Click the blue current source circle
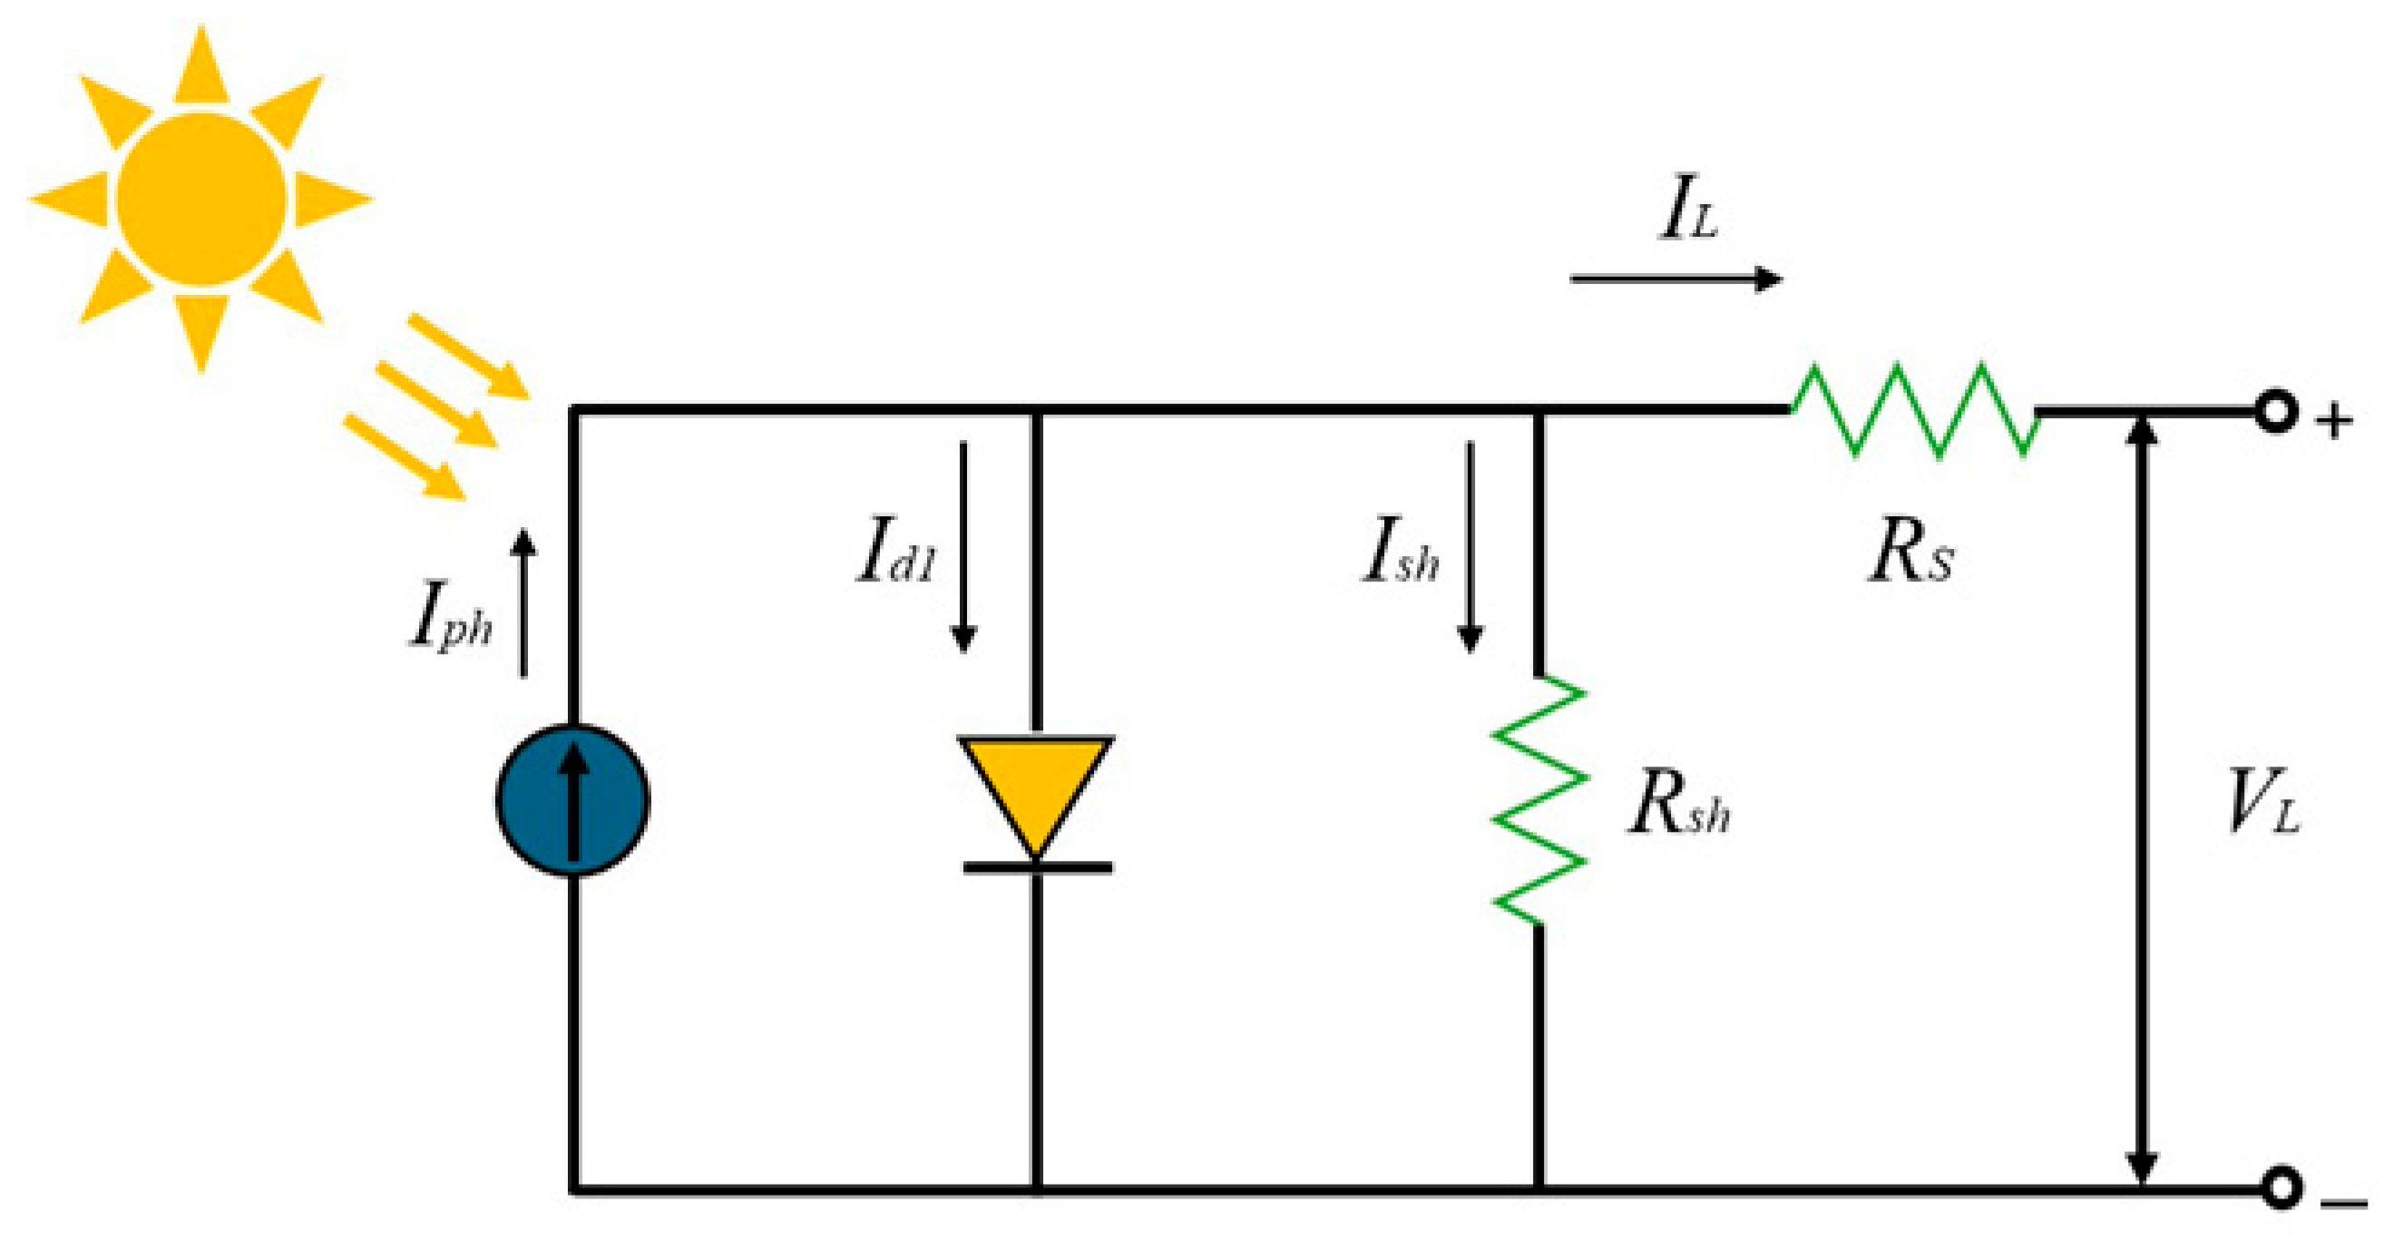point(571,799)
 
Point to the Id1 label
point(895,552)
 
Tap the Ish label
point(1400,552)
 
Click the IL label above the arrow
point(1688,209)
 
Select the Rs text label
point(1911,552)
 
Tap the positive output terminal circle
point(2275,411)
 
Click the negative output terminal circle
point(2281,1188)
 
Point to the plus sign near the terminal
point(2334,422)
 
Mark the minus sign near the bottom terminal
point(2342,1205)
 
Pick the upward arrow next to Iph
point(524,602)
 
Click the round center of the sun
point(200,199)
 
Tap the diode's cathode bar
point(1038,867)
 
